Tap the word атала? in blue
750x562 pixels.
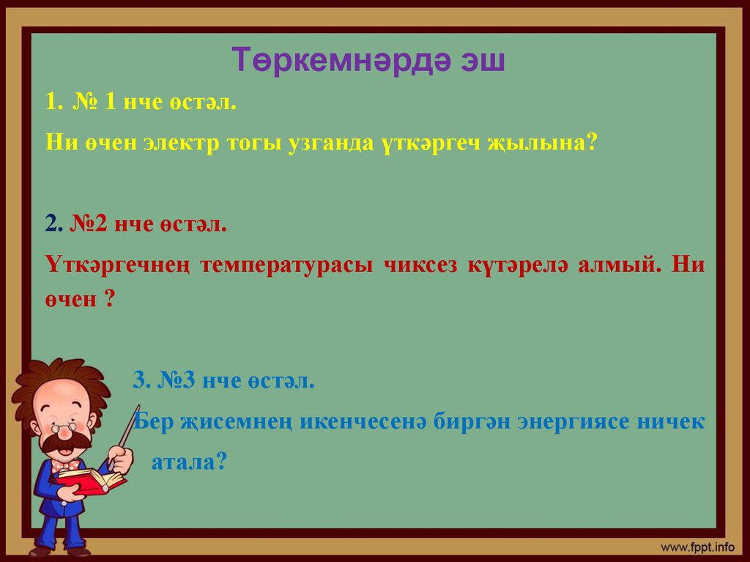(x=187, y=462)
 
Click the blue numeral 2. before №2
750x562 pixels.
(x=53, y=224)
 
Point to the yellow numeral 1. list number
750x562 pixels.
(x=53, y=103)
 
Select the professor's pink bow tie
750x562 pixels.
(x=65, y=465)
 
